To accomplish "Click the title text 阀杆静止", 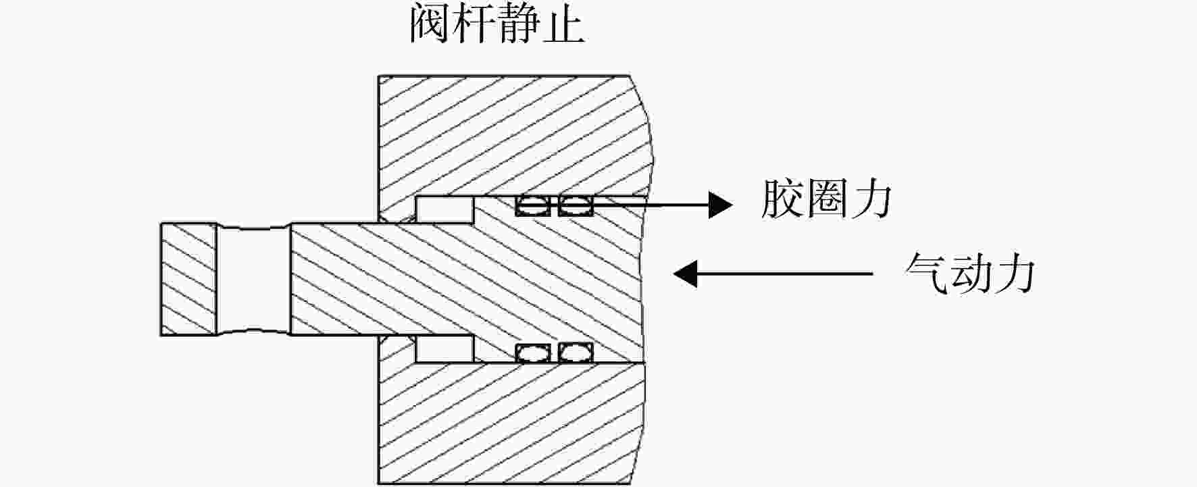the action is click(497, 26).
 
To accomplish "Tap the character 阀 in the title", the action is click(431, 26).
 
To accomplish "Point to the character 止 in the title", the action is click(563, 26).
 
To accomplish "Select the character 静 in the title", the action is click(519, 26).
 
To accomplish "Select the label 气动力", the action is click(970, 273).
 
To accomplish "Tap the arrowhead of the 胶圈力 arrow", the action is click(720, 204).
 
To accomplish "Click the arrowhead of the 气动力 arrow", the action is click(686, 274).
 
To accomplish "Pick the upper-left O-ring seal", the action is click(533, 206).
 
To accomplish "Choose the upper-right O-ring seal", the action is click(576, 206).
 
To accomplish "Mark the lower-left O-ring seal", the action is click(533, 352).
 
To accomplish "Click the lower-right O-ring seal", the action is click(576, 352).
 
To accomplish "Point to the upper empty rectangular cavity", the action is click(444, 209).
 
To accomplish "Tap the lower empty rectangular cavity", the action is click(444, 349).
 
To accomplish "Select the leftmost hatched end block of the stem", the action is click(188, 279).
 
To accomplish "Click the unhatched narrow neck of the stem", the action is click(254, 279).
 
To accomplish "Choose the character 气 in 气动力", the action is click(926, 273).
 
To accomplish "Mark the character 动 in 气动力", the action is click(970, 273).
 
